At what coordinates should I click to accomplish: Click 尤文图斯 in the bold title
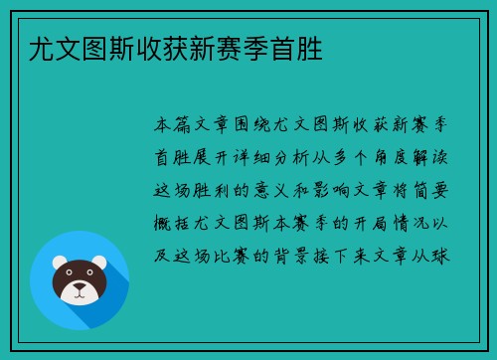point(70,46)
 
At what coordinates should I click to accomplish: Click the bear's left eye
point(69,275)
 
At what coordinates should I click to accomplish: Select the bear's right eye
point(90,275)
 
